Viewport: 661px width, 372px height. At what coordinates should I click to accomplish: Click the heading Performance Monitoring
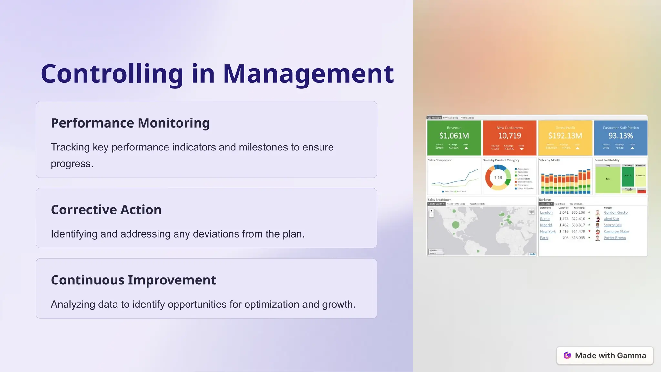coord(130,123)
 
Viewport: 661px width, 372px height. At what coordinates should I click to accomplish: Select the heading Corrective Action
coord(106,210)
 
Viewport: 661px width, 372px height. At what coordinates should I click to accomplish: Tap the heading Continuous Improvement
coord(133,280)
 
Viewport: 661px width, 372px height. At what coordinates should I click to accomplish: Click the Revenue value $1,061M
coord(454,136)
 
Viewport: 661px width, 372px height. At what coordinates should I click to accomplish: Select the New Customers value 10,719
coord(509,136)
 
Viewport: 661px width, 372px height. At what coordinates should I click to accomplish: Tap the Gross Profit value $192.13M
coord(565,136)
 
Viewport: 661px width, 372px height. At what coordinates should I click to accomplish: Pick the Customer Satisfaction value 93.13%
coord(620,136)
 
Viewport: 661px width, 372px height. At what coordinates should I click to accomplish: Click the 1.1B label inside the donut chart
coord(498,178)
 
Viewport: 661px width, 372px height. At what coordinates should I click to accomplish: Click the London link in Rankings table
coord(546,212)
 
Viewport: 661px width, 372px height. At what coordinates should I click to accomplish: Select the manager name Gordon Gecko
coord(615,212)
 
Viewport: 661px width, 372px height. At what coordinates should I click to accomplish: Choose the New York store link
coord(548,232)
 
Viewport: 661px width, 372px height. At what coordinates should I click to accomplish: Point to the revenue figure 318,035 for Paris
coord(578,238)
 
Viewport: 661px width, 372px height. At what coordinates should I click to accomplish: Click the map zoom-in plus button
coord(432,211)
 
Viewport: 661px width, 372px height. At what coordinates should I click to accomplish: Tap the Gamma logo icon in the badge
coord(567,356)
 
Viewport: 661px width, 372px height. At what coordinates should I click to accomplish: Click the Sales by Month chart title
coord(549,160)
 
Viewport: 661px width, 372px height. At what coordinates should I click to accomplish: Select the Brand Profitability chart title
coord(607,160)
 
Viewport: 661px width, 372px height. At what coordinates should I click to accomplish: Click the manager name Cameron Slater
coord(616,232)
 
